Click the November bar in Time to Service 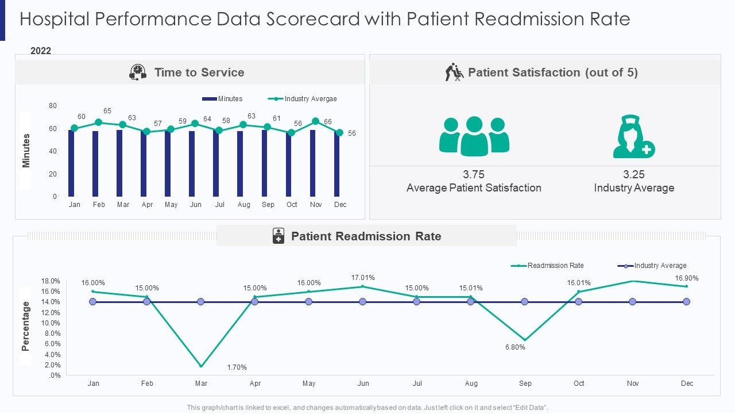(x=312, y=163)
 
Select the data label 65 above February (x=107, y=111)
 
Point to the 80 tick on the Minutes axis (x=53, y=106)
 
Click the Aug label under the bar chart (x=243, y=205)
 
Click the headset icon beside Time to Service (x=138, y=72)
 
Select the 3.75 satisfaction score (x=474, y=175)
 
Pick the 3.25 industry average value (x=634, y=175)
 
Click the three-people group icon (x=474, y=136)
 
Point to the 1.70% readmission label (x=237, y=367)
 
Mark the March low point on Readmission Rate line (x=201, y=366)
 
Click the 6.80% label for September (x=515, y=347)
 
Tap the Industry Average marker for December (x=686, y=302)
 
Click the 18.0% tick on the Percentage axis (x=51, y=281)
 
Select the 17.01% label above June (x=363, y=278)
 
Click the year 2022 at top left (x=41, y=51)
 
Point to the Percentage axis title (x=26, y=326)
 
